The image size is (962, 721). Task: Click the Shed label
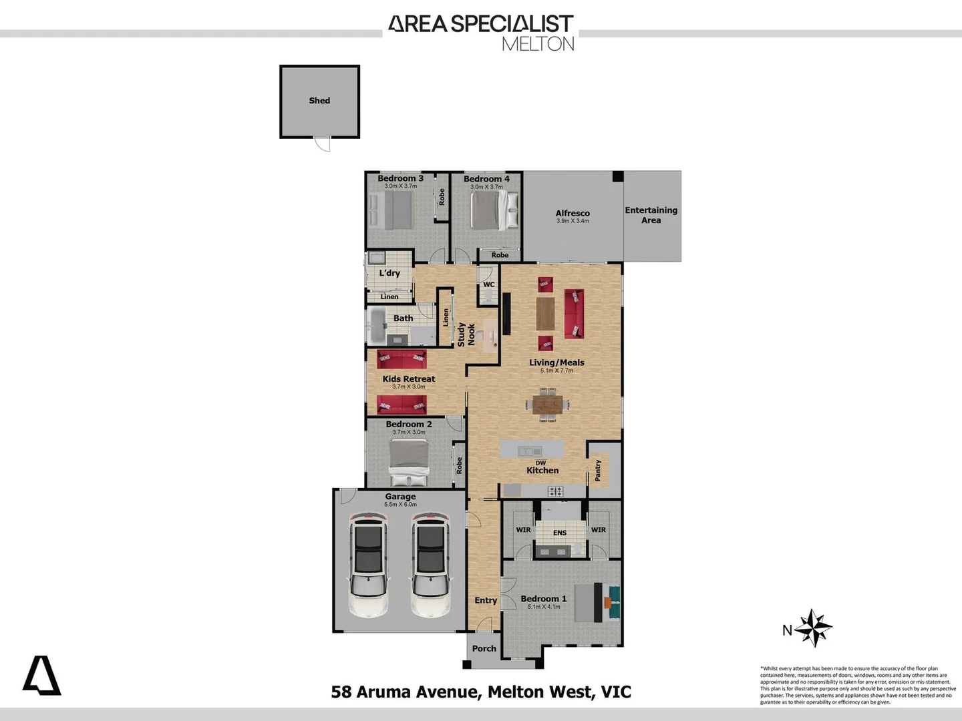tap(319, 101)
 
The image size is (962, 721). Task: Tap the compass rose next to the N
tap(814, 628)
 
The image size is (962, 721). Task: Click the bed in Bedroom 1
tap(591, 603)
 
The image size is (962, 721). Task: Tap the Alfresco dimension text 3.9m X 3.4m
tap(573, 221)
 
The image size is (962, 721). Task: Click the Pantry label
tap(598, 470)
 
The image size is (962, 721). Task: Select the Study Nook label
tap(466, 334)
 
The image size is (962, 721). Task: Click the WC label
tap(489, 284)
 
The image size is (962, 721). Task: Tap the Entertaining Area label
tap(651, 215)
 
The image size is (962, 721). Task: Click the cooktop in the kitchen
tap(556, 491)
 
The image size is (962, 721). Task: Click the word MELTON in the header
tap(538, 44)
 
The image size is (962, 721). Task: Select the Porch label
tap(484, 648)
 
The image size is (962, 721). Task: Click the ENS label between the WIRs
tap(560, 533)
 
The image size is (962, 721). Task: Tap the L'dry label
tap(389, 273)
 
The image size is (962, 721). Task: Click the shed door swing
tap(323, 144)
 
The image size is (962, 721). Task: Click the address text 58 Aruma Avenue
tap(405, 692)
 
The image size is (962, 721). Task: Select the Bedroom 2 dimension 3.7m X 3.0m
tap(409, 433)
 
